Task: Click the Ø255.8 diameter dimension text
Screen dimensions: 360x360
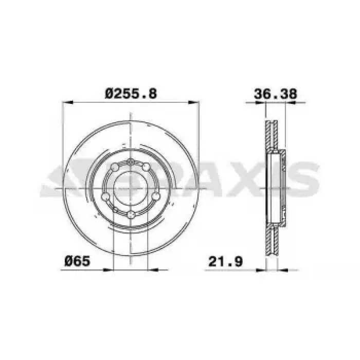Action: point(131,94)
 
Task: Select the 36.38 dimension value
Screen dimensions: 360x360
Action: point(275,94)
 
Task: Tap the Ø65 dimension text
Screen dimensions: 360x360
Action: point(77,261)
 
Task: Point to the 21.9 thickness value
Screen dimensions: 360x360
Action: point(225,261)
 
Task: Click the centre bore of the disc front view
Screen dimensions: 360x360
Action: point(130,188)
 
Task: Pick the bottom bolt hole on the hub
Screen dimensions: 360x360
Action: point(131,214)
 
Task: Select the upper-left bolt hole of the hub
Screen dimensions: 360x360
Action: point(115,167)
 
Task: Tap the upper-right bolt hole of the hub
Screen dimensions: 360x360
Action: point(146,167)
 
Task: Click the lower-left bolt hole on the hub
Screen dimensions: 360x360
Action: point(105,197)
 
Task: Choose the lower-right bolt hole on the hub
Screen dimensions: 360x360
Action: point(156,196)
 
